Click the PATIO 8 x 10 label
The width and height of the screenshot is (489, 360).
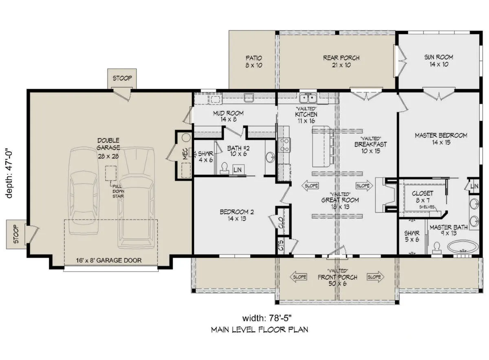tap(253, 62)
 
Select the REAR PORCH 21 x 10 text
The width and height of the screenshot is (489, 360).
tap(341, 61)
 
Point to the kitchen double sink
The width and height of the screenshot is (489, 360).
tap(308, 98)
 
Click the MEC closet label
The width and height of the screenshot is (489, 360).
tap(185, 154)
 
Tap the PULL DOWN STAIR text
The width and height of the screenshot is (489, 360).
tap(118, 191)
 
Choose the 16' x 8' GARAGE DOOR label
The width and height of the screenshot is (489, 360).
tap(109, 260)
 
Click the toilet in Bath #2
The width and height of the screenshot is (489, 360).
tap(225, 169)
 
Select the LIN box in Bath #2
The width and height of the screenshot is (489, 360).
tap(238, 169)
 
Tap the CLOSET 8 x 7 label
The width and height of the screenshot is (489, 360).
tap(423, 197)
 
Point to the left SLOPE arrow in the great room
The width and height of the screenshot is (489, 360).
tap(310, 186)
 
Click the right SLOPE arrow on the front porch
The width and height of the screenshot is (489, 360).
tap(375, 277)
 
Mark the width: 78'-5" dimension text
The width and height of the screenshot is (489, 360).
tap(267, 318)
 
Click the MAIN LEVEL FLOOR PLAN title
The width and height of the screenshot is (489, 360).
tap(259, 329)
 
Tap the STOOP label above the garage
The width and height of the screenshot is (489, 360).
tap(122, 78)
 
